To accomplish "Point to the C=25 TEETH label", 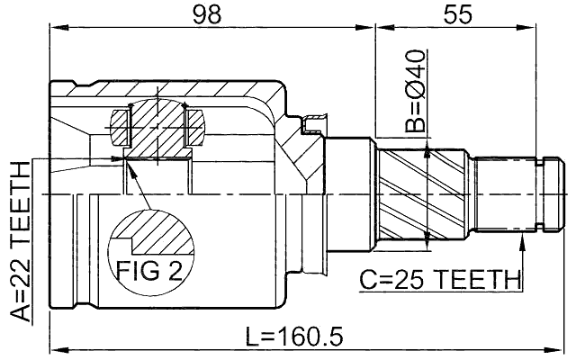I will [x=441, y=280].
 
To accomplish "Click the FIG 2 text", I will [x=148, y=268].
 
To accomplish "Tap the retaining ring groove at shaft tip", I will [x=544, y=193].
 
